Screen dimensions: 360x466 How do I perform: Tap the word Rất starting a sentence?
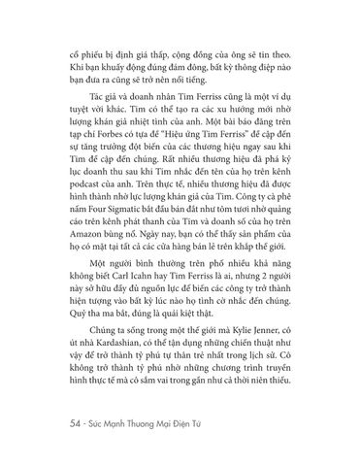(x=174, y=161)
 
